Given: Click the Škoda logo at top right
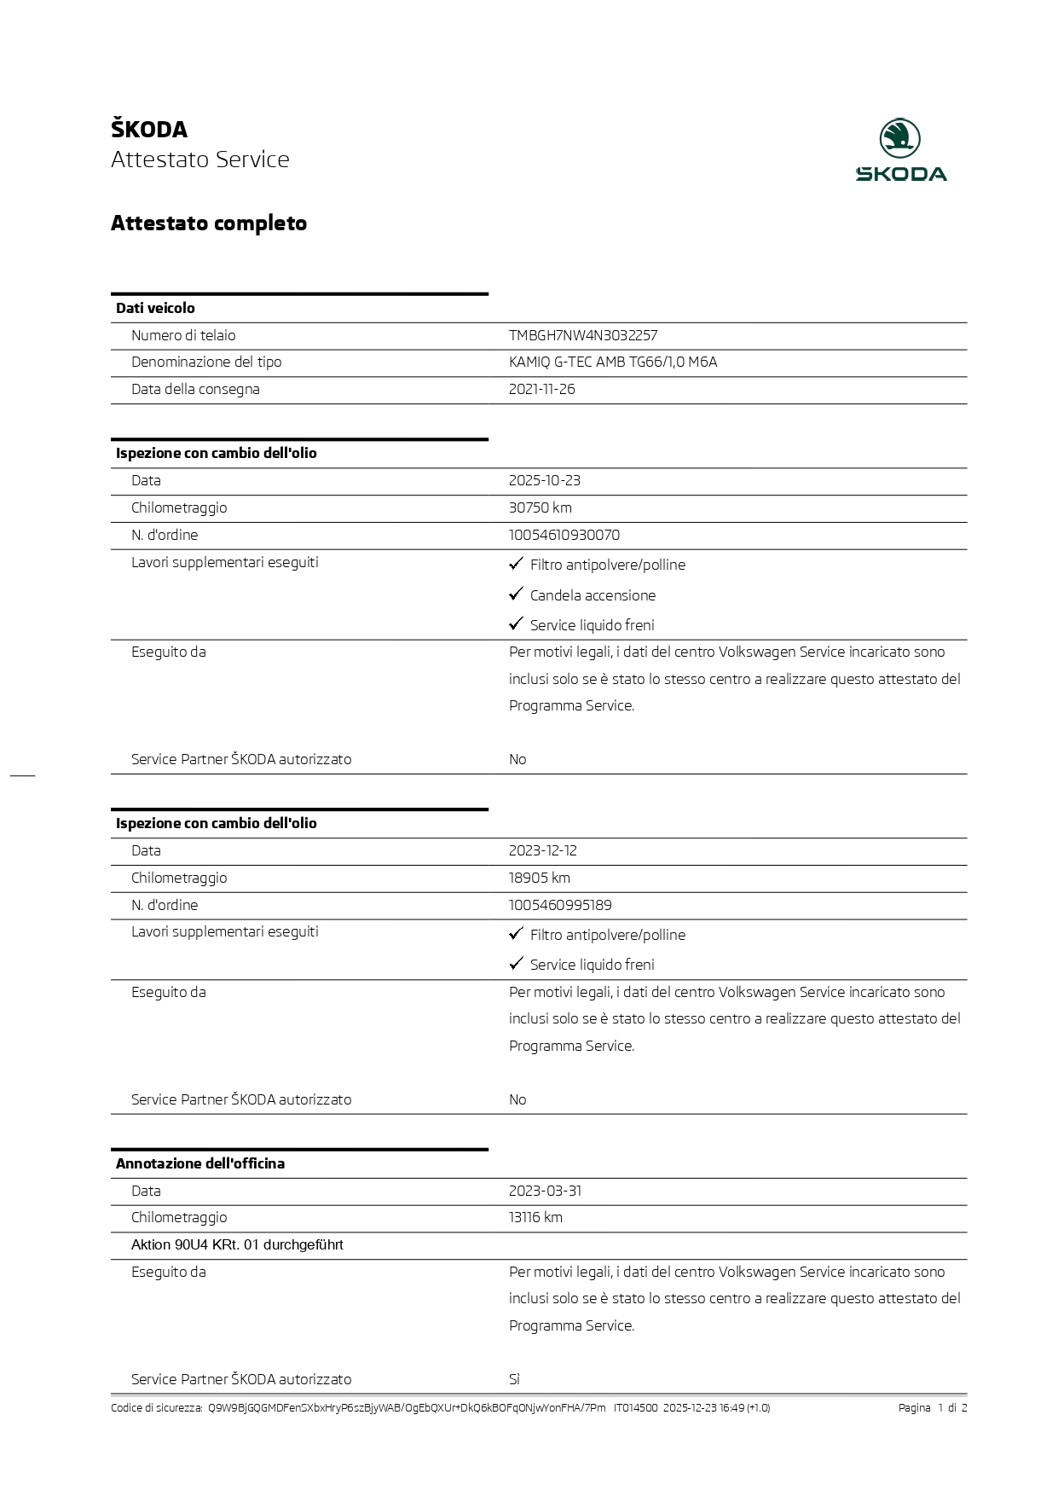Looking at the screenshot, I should [900, 150].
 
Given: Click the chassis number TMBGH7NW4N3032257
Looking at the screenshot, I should [583, 336].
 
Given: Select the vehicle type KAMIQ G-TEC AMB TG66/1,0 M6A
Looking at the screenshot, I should [613, 362].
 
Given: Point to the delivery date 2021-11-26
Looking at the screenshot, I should [541, 390].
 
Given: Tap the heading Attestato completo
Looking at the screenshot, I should [209, 223].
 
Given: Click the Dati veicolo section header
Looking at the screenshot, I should [155, 309].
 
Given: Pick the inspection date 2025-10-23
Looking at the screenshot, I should [544, 481].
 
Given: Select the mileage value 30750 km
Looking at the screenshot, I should [540, 508].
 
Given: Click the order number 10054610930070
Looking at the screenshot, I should [564, 536].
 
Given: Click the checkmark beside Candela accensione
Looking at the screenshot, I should [516, 594].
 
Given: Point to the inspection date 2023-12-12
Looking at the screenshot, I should [543, 851].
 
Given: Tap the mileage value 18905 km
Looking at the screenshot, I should [539, 878].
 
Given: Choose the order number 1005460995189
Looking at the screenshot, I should [560, 906].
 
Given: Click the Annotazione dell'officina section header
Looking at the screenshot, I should [200, 1164].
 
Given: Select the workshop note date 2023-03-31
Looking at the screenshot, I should [545, 1192].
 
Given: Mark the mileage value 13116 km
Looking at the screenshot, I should [535, 1218].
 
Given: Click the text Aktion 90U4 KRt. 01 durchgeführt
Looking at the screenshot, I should [237, 1245].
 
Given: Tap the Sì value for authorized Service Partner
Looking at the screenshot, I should [514, 1380].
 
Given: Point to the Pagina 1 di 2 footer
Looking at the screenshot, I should [932, 1408].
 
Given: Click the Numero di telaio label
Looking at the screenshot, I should [183, 336].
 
